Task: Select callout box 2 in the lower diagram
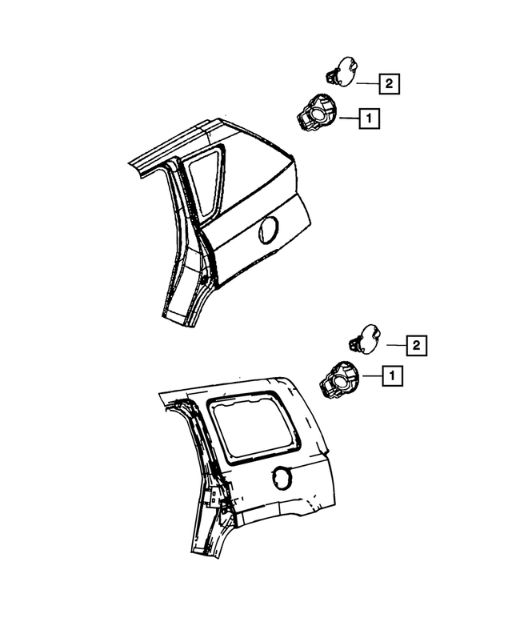(415, 346)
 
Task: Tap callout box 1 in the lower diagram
(392, 375)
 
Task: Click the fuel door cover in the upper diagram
(346, 71)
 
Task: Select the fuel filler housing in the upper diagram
(314, 114)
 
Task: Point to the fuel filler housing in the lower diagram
(338, 380)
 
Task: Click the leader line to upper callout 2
(367, 82)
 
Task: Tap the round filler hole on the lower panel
(282, 478)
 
